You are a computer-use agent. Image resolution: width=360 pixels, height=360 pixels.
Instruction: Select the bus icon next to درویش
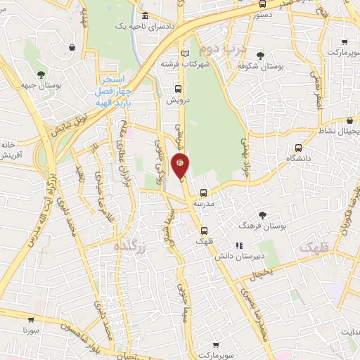178,89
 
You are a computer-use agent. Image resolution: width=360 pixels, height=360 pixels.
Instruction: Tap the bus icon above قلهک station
204,230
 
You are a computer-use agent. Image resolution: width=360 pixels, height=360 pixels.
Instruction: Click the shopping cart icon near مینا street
73,47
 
